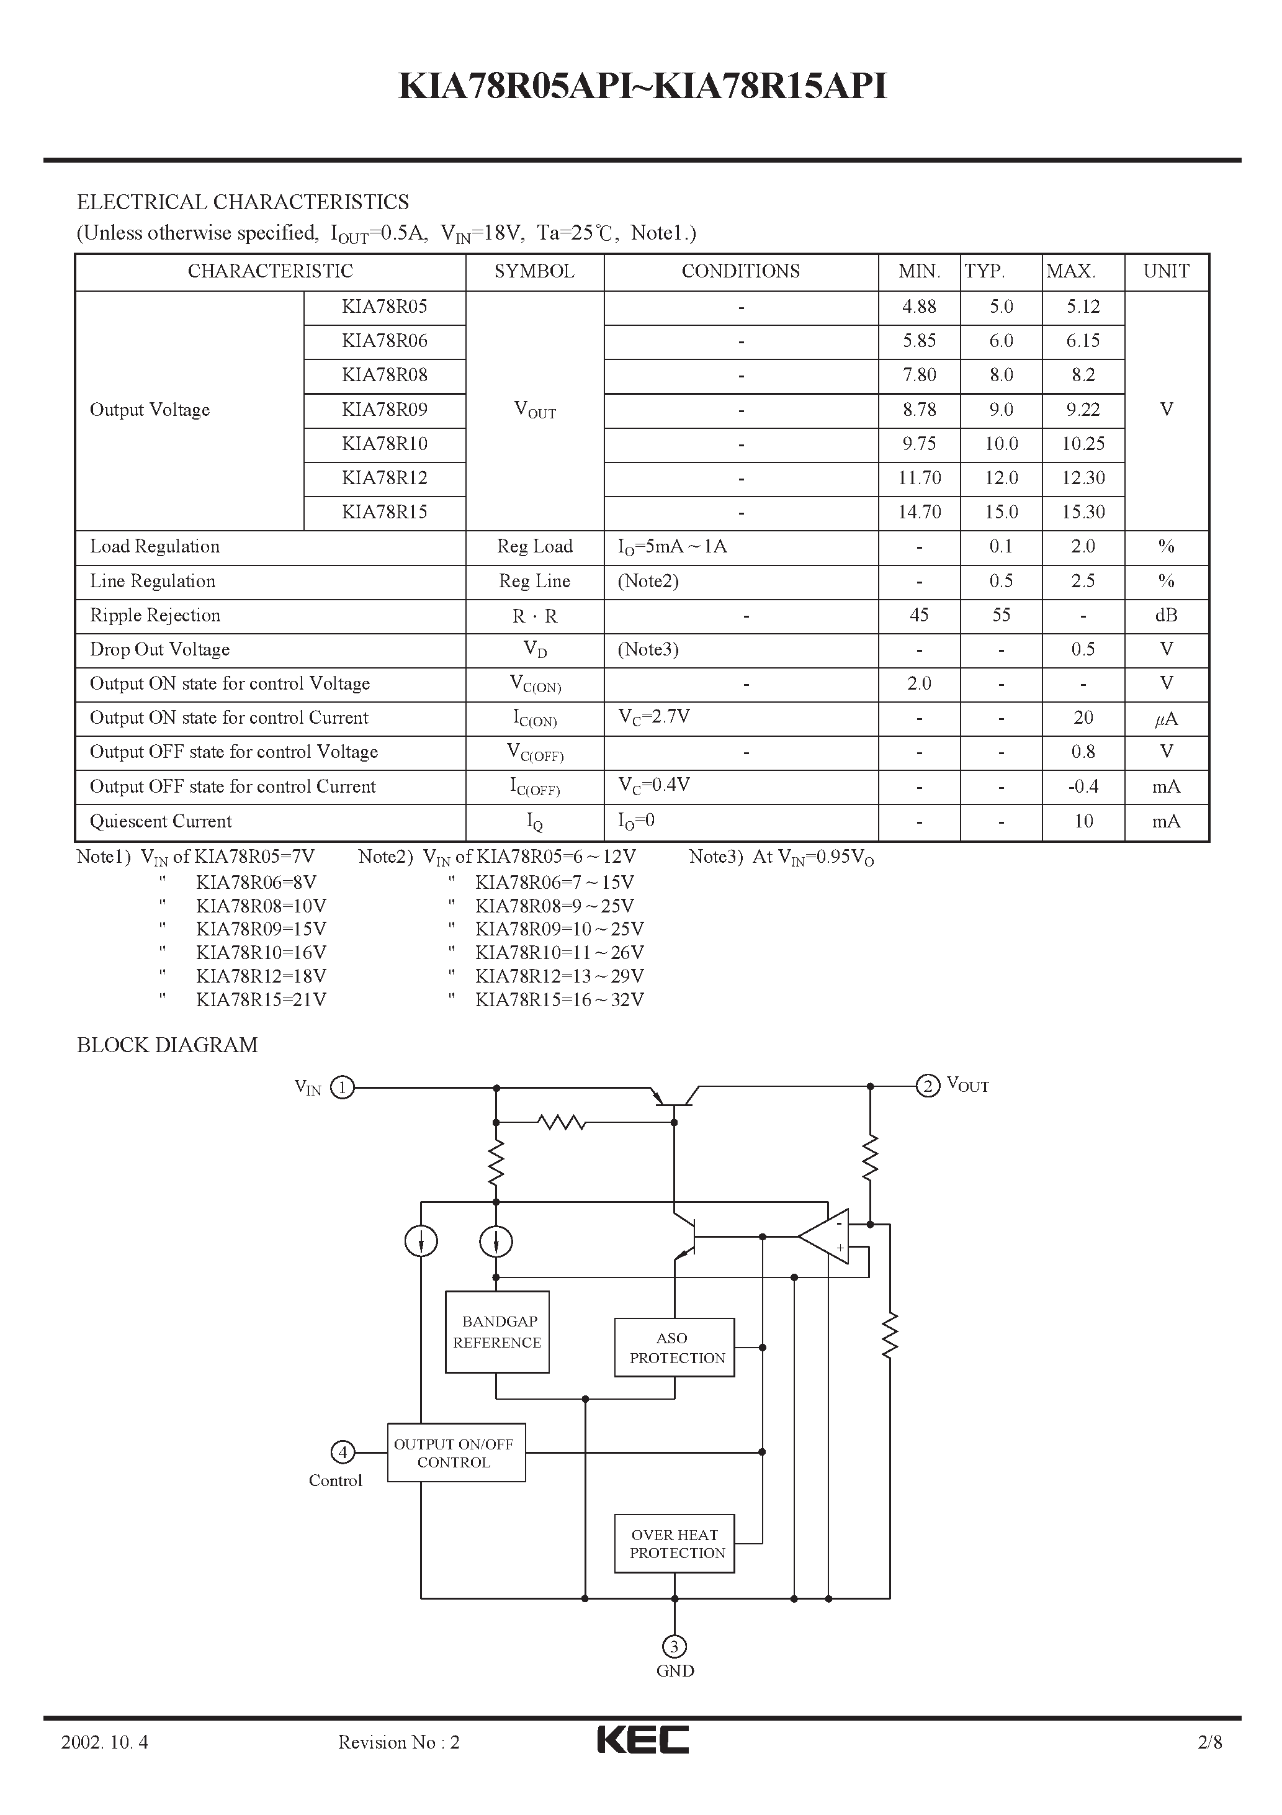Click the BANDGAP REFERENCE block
pyautogui.click(x=497, y=1332)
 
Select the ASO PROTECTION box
pyautogui.click(x=674, y=1348)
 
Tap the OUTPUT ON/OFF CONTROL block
pyautogui.click(x=456, y=1453)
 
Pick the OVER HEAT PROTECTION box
pyautogui.click(x=674, y=1544)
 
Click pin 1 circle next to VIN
pyautogui.click(x=343, y=1088)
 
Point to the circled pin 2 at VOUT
pyautogui.click(x=928, y=1086)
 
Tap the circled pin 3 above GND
pyautogui.click(x=674, y=1647)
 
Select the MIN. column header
pyautogui.click(x=919, y=271)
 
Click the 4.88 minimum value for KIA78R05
pyautogui.click(x=919, y=307)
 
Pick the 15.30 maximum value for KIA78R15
pyautogui.click(x=1083, y=512)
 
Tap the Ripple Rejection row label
pyautogui.click(x=155, y=616)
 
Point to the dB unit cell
pyautogui.click(x=1166, y=616)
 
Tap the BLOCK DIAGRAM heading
pyautogui.click(x=167, y=1045)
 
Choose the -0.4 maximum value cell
pyautogui.click(x=1083, y=786)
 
